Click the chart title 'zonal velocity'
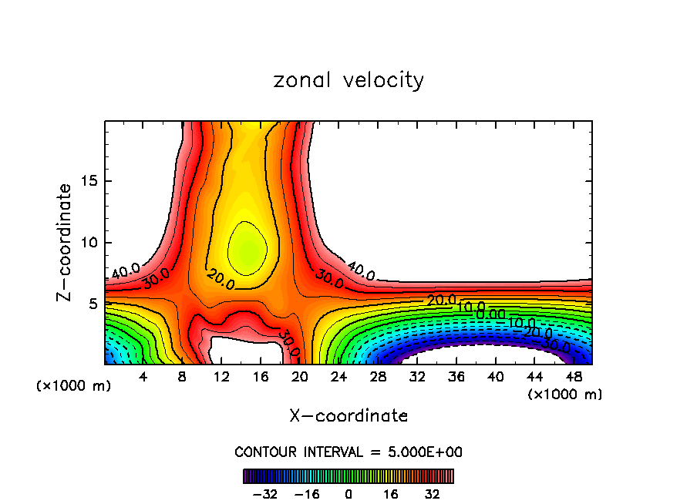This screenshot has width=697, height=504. tap(348, 80)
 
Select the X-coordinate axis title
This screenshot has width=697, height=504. tap(348, 416)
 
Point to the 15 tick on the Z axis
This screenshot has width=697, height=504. tap(93, 181)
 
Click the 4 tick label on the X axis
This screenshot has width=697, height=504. tap(143, 377)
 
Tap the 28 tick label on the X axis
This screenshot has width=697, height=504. tap(378, 377)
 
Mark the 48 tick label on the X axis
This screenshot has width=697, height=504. tap(573, 377)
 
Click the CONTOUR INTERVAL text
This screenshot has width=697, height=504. tap(348, 452)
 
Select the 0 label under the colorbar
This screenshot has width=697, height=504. tap(348, 493)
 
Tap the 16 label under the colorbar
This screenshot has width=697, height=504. tap(390, 493)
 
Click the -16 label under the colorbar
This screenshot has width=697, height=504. tap(306, 493)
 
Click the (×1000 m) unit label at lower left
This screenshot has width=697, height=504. tap(74, 386)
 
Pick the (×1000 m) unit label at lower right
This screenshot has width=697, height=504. tap(565, 395)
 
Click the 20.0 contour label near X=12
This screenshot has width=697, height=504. tap(221, 279)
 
